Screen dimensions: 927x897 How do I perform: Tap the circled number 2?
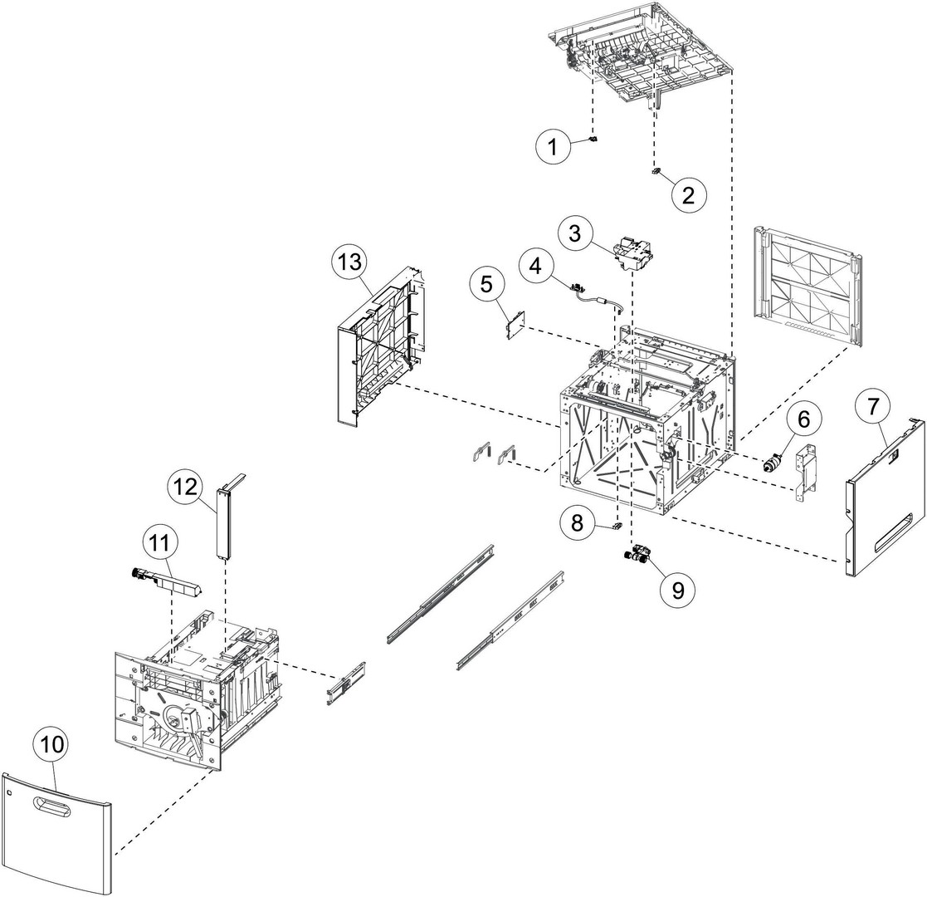[688, 195]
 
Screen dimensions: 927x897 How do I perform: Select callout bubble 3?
[574, 233]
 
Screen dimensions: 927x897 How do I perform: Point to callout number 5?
[486, 285]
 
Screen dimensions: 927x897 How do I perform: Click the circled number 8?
[577, 522]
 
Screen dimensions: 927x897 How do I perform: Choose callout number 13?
[350, 262]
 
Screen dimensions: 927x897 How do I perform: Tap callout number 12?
[184, 488]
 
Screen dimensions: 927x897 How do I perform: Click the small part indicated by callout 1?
[594, 140]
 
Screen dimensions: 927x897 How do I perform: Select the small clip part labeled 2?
[656, 171]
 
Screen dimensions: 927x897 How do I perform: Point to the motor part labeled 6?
[773, 463]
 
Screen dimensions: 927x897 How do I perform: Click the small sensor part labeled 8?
[617, 525]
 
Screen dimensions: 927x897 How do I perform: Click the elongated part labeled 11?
[165, 583]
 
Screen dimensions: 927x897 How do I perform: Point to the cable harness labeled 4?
[597, 299]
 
